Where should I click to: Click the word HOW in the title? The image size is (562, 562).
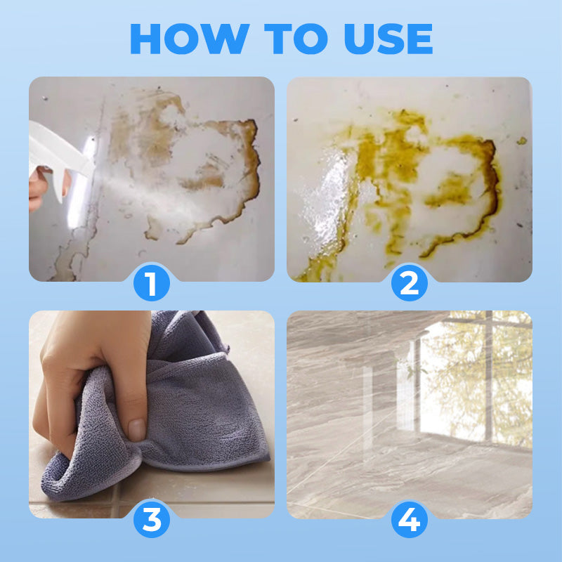click(190, 39)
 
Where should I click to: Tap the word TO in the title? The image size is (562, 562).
click(296, 39)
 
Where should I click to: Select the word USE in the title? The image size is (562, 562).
click(388, 39)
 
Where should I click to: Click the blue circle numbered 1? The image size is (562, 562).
click(152, 283)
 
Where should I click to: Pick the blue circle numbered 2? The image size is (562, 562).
click(410, 283)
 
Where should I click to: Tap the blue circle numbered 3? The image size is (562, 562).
click(152, 519)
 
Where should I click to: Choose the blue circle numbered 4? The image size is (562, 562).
click(410, 519)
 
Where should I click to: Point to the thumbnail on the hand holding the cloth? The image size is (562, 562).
click(136, 429)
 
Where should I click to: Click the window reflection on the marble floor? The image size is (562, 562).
click(473, 380)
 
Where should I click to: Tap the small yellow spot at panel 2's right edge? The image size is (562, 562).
click(522, 141)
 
